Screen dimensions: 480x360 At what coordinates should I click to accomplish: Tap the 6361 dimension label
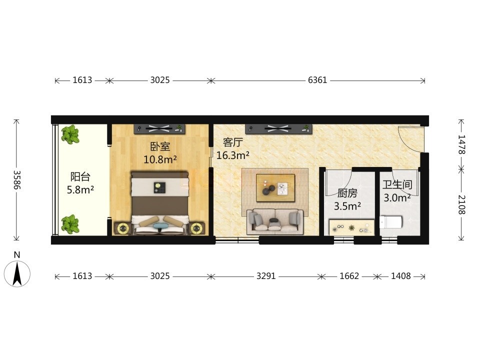coord(317,80)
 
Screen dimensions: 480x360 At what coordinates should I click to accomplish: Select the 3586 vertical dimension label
coord(17,179)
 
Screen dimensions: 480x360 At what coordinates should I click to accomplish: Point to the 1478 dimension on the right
coord(461,144)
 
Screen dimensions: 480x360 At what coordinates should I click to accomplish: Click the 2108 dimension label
coord(461,205)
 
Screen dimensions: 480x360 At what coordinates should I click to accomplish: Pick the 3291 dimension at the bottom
coord(265,276)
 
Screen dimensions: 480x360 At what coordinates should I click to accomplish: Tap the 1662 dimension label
coord(349,276)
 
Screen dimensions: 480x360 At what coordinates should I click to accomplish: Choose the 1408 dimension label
coord(400,276)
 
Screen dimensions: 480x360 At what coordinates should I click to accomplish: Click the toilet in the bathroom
coord(390,222)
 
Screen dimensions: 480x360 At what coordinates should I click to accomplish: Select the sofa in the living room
coord(275,221)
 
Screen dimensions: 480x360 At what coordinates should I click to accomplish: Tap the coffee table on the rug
coord(275,188)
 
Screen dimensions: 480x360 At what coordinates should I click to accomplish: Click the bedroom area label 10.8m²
coord(160,159)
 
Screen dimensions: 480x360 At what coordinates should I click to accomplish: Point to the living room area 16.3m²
coord(232,155)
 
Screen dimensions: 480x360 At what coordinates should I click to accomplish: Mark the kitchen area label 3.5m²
coord(347,206)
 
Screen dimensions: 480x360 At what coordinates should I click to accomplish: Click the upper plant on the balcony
coord(70,134)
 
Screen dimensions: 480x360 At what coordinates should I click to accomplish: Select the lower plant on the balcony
coord(70,224)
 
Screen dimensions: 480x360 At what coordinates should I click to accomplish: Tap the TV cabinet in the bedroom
coord(159,129)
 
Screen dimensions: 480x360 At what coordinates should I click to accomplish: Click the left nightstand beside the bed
coord(123,228)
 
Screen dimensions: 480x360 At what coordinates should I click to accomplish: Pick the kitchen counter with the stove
coord(351,227)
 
